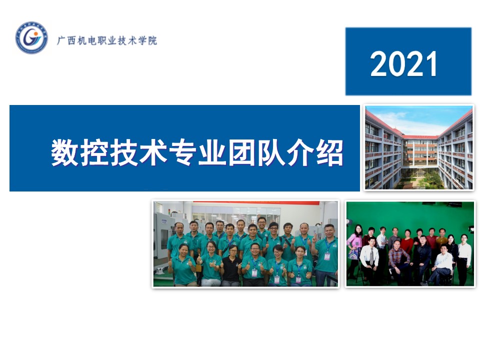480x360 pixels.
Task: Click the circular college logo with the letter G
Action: point(31,37)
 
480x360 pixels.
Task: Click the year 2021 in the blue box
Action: point(403,63)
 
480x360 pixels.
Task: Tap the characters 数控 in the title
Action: point(79,152)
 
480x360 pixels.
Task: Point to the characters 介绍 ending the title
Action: point(315,152)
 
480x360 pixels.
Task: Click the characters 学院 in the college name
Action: point(147,40)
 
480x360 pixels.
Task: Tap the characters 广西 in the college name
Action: point(66,40)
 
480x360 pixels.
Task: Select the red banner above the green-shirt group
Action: point(256,202)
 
